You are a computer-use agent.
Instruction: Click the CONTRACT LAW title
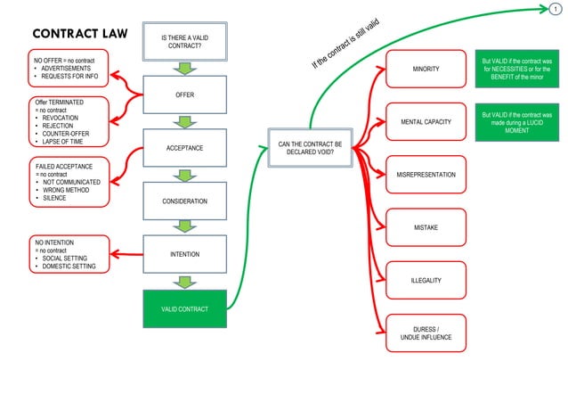pos(79,34)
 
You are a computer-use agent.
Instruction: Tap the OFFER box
pos(185,94)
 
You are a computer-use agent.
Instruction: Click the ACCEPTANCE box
pos(185,147)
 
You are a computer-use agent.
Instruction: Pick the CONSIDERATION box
pos(185,201)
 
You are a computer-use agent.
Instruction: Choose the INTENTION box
pos(185,254)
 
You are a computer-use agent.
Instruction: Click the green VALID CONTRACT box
pos(185,308)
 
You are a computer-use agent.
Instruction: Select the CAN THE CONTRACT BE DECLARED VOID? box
pos(310,147)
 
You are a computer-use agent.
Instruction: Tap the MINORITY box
pos(426,69)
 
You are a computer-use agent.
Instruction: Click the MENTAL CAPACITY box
pos(426,121)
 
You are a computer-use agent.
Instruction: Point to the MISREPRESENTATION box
pos(426,175)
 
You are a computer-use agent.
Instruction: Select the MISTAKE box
pos(426,227)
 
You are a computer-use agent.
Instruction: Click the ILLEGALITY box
pos(426,281)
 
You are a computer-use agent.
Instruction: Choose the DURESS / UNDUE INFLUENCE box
pos(426,333)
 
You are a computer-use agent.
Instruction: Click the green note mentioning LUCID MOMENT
pos(516,123)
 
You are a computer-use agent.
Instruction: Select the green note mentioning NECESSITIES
pos(516,69)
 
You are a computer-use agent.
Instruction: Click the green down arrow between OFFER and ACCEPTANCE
pos(185,121)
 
